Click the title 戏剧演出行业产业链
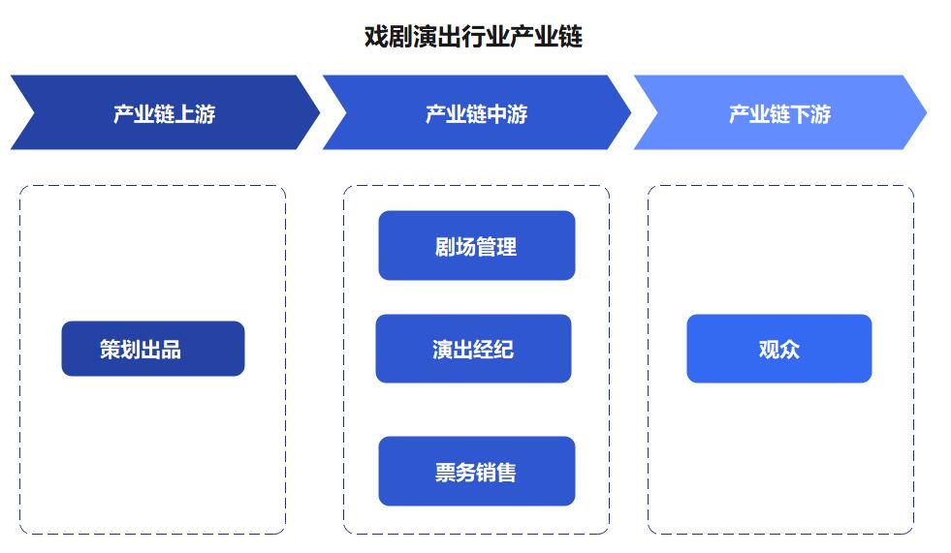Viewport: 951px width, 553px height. (x=473, y=37)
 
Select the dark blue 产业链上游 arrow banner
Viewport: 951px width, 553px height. (x=165, y=112)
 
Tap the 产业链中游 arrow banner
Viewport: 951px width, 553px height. (x=477, y=112)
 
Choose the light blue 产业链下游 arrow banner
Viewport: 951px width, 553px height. (x=780, y=112)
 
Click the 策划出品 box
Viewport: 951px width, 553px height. (x=153, y=349)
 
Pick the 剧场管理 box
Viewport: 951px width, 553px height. (x=477, y=245)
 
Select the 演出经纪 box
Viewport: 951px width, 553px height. (x=474, y=349)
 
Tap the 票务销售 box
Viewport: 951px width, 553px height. (x=477, y=472)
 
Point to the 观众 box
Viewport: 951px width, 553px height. (x=779, y=349)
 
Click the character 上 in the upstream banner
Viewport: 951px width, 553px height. (x=185, y=114)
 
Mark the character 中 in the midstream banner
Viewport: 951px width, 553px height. (x=497, y=114)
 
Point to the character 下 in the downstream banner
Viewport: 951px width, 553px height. (x=801, y=114)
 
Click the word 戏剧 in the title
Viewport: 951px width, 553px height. (x=388, y=37)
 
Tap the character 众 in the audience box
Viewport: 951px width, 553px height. (x=790, y=350)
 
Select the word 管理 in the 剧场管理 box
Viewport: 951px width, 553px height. (x=496, y=247)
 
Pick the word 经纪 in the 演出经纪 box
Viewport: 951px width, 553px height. (x=493, y=350)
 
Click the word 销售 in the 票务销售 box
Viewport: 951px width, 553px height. (x=496, y=473)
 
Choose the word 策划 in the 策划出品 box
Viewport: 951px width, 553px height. (x=120, y=350)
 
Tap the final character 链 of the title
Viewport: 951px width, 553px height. (x=571, y=37)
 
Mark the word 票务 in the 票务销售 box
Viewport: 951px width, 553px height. (x=456, y=473)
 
